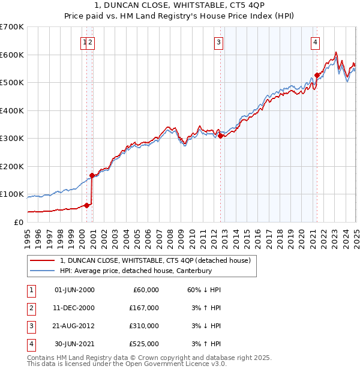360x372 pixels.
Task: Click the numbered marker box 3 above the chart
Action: (x=219, y=42)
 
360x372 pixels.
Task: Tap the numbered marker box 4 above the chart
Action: (x=315, y=42)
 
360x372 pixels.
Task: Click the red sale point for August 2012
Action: (x=220, y=136)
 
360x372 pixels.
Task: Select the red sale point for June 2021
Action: (x=317, y=76)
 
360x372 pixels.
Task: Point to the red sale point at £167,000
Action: (x=92, y=175)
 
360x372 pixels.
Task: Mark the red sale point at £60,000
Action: (x=86, y=205)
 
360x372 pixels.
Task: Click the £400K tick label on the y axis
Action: (x=11, y=110)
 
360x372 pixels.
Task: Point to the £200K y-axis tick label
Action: (x=11, y=166)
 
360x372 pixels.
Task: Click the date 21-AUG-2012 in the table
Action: (x=74, y=326)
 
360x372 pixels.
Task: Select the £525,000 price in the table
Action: (x=144, y=344)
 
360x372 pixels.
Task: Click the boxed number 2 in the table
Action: (x=30, y=308)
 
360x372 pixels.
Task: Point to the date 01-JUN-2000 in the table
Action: (x=74, y=290)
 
